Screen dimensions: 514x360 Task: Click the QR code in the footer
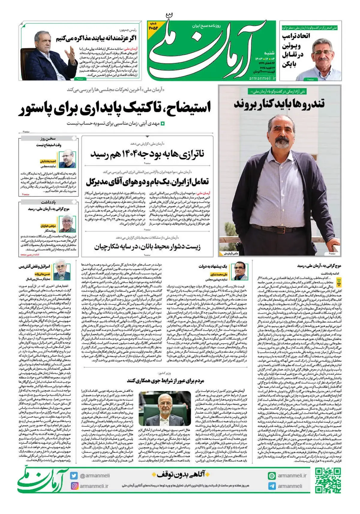[328, 480]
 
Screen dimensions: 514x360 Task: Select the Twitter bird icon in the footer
[74, 475]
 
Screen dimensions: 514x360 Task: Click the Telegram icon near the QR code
[272, 486]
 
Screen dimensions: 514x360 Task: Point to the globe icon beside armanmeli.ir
[272, 476]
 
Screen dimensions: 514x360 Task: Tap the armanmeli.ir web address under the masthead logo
[262, 78]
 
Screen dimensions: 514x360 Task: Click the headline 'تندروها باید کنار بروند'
[279, 104]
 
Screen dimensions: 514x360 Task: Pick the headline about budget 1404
[147, 154]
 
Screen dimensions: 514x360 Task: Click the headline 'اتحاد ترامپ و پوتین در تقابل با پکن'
[292, 49]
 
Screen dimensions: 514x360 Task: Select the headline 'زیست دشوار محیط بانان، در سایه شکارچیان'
[147, 247]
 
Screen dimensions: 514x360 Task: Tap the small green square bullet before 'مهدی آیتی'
[163, 123]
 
